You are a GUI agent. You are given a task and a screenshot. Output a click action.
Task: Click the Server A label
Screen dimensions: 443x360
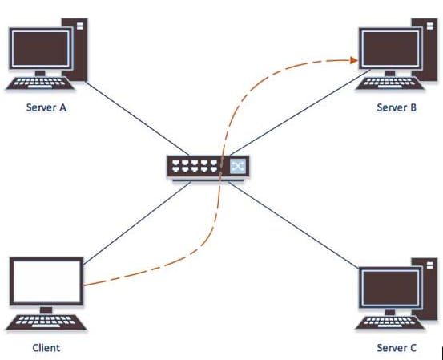click(x=46, y=107)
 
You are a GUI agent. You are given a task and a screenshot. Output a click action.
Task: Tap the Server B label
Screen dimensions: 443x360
click(x=397, y=107)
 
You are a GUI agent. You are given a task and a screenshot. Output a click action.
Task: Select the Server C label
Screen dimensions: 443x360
click(x=397, y=347)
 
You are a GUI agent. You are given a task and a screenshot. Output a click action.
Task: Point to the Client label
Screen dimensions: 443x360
click(x=46, y=347)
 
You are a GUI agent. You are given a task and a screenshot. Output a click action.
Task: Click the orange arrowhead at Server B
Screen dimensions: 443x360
click(x=354, y=60)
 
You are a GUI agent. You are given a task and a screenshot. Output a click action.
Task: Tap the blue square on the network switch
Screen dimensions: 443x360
click(x=238, y=166)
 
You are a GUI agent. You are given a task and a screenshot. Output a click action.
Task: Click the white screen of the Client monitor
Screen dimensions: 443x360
click(x=46, y=281)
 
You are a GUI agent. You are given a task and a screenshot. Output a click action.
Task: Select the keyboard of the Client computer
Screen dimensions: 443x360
click(x=46, y=322)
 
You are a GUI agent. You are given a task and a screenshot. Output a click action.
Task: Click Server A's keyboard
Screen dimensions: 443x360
click(x=40, y=83)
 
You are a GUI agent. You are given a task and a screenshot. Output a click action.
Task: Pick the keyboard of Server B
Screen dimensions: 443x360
click(x=389, y=83)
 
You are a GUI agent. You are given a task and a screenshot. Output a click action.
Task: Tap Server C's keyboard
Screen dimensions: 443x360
click(x=389, y=322)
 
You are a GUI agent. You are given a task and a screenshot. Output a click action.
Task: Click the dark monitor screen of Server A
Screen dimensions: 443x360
click(x=40, y=48)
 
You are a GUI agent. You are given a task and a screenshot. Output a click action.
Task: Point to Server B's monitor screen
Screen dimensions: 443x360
click(x=390, y=48)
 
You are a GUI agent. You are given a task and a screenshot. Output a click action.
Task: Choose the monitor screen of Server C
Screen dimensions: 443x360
click(x=390, y=288)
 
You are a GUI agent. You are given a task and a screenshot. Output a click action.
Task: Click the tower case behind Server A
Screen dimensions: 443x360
click(x=79, y=50)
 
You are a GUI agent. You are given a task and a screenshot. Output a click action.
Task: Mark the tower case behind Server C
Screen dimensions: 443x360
click(x=427, y=289)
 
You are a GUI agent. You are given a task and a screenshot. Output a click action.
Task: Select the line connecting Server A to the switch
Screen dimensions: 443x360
click(x=137, y=119)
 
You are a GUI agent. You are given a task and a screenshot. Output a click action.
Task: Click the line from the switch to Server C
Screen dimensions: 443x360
click(x=293, y=224)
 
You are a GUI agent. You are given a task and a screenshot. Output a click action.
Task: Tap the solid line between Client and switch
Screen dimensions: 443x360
click(x=137, y=223)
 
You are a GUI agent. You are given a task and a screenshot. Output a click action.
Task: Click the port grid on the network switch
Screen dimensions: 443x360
click(x=195, y=166)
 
